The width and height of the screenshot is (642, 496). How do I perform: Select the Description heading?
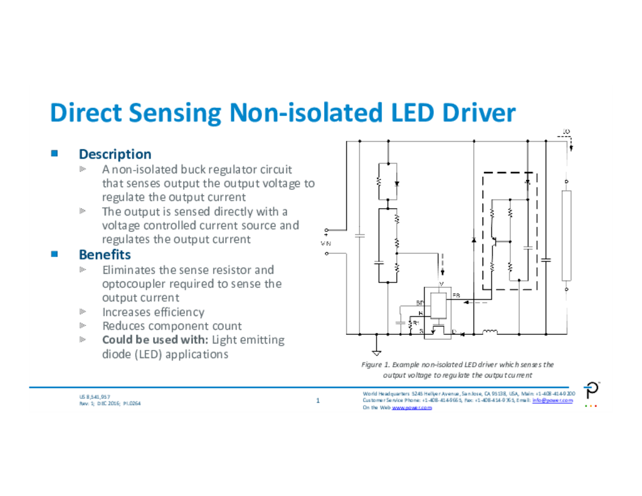click(x=115, y=154)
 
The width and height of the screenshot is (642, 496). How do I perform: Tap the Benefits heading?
click(x=105, y=255)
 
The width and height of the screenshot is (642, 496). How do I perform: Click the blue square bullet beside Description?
click(x=55, y=153)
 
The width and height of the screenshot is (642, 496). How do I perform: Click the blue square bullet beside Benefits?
click(x=55, y=253)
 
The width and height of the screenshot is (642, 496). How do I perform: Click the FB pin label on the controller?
click(x=456, y=295)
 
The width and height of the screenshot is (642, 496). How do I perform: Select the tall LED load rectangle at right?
click(x=566, y=236)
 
